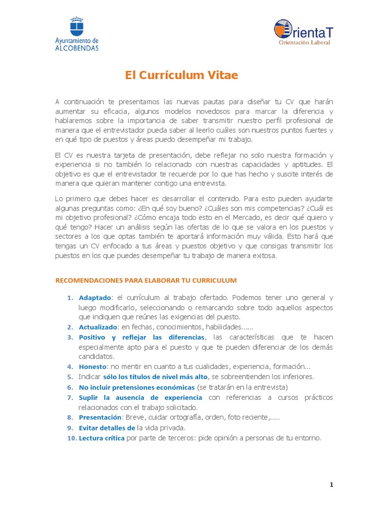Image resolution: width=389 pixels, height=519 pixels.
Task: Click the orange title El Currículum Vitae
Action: [x=181, y=76]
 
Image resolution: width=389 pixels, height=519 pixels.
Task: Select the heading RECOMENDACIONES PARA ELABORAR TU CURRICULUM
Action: [x=145, y=280]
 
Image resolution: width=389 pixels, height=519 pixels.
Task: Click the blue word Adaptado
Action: [x=95, y=298]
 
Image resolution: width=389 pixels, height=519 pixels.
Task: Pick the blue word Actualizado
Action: [x=98, y=327]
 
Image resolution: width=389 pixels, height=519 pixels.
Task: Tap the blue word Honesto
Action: [x=93, y=366]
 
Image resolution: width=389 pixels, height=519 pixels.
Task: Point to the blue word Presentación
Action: [x=100, y=417]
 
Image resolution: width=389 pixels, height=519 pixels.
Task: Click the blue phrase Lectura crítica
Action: [x=101, y=438]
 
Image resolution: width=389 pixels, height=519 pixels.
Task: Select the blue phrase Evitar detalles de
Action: [x=107, y=428]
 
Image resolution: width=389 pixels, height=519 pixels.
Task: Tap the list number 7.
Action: [x=70, y=397]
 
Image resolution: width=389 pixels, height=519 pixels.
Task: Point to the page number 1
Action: [x=331, y=485]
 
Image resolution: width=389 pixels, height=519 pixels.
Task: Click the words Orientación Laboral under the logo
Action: [x=304, y=43]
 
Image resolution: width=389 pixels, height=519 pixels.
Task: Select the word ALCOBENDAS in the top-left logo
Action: [x=77, y=48]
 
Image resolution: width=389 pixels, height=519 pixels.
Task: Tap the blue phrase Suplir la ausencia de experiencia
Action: [x=140, y=397]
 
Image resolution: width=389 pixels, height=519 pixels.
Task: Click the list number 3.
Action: [x=70, y=337]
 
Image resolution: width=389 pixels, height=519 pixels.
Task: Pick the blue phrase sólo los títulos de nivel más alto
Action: [x=155, y=377]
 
